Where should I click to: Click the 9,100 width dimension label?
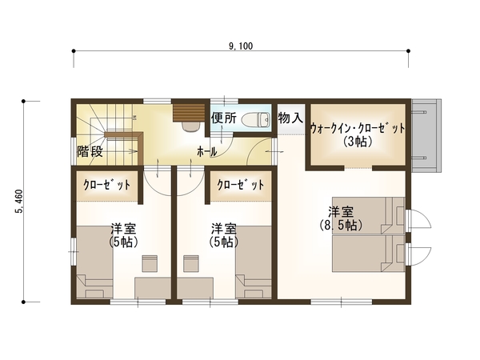click(241, 46)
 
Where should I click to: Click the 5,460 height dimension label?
click(19, 202)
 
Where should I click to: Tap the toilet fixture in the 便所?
click(256, 119)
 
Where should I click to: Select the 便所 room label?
click(224, 118)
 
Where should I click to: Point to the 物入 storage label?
click(290, 118)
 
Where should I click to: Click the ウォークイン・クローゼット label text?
click(358, 128)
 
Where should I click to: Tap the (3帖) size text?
click(358, 142)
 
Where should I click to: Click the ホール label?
click(207, 151)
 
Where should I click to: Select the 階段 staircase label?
click(90, 151)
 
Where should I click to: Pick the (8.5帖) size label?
click(341, 226)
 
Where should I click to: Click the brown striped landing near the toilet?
click(189, 113)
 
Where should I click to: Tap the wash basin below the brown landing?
click(190, 126)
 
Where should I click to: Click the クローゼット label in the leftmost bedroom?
click(107, 185)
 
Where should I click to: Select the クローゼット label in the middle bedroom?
click(241, 185)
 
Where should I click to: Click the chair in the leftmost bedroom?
click(150, 263)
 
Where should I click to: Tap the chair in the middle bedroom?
click(191, 263)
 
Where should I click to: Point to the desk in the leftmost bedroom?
click(153, 288)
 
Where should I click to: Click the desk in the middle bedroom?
click(195, 288)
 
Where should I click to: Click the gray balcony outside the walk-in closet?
click(426, 135)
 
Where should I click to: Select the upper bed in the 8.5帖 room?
click(369, 215)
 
